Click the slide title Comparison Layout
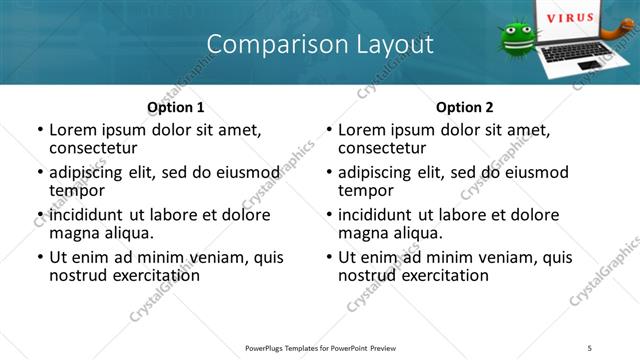click(320, 44)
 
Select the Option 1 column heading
click(176, 107)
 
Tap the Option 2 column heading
click(464, 107)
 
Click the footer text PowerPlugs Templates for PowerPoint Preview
click(320, 347)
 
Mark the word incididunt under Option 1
click(86, 215)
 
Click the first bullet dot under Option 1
click(40, 130)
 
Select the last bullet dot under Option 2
click(329, 258)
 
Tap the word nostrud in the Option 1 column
click(75, 275)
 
